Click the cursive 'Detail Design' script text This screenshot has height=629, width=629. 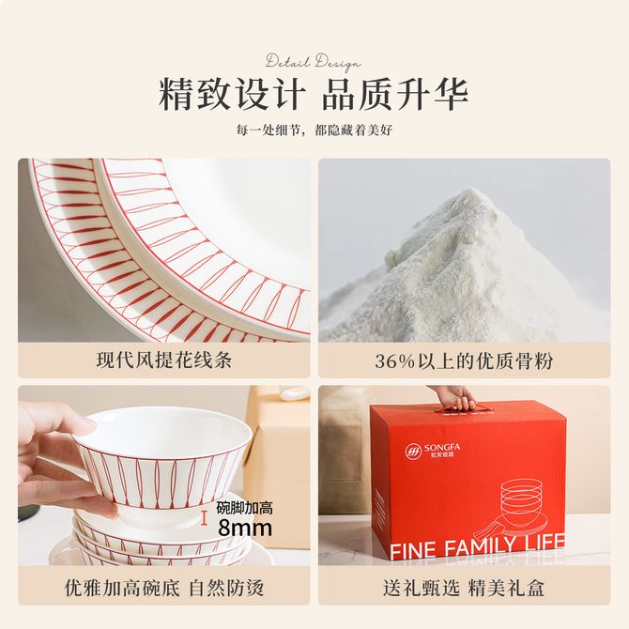[x=313, y=63]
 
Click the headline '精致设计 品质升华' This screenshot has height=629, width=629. [x=314, y=95]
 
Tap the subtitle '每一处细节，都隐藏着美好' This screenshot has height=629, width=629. [x=314, y=130]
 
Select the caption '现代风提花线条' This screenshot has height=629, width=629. [x=164, y=361]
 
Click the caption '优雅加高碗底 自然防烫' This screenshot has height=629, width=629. [x=164, y=588]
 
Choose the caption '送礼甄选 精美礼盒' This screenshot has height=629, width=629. [x=464, y=588]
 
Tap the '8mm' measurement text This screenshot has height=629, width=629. [x=245, y=528]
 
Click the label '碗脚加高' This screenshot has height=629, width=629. [x=244, y=508]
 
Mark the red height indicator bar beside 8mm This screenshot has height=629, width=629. [x=205, y=517]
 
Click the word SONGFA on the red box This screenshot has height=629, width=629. [x=442, y=447]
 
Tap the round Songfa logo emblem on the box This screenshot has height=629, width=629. [x=413, y=451]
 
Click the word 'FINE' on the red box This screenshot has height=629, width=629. [x=413, y=550]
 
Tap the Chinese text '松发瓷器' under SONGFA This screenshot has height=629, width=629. [x=438, y=455]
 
